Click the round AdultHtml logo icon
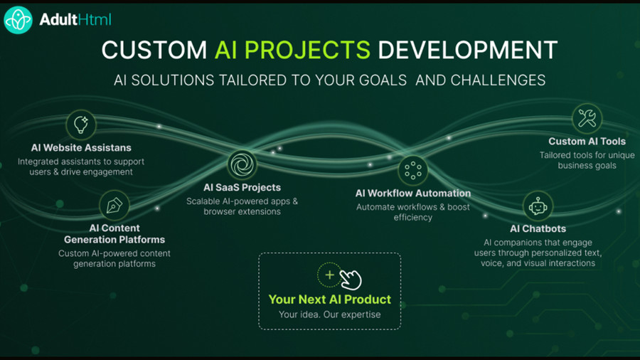click(x=18, y=20)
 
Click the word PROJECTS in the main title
click(x=307, y=50)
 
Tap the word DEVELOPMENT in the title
click(x=467, y=50)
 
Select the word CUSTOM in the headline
click(x=154, y=50)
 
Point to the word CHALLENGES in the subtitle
click(x=498, y=80)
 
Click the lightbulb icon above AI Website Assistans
click(x=81, y=125)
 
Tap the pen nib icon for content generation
click(x=114, y=205)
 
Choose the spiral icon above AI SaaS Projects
click(x=242, y=164)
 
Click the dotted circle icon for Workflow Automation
click(x=413, y=170)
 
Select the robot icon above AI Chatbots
click(x=538, y=206)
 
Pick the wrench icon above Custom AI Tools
click(x=587, y=119)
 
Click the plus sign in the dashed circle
click(x=329, y=275)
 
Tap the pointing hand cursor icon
click(x=351, y=280)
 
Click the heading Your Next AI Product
click(x=330, y=300)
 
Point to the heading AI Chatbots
click(x=538, y=228)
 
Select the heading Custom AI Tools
click(x=587, y=141)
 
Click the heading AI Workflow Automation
click(x=413, y=193)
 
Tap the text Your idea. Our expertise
click(x=330, y=314)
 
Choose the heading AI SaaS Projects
click(x=242, y=187)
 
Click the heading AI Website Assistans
click(x=81, y=148)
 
